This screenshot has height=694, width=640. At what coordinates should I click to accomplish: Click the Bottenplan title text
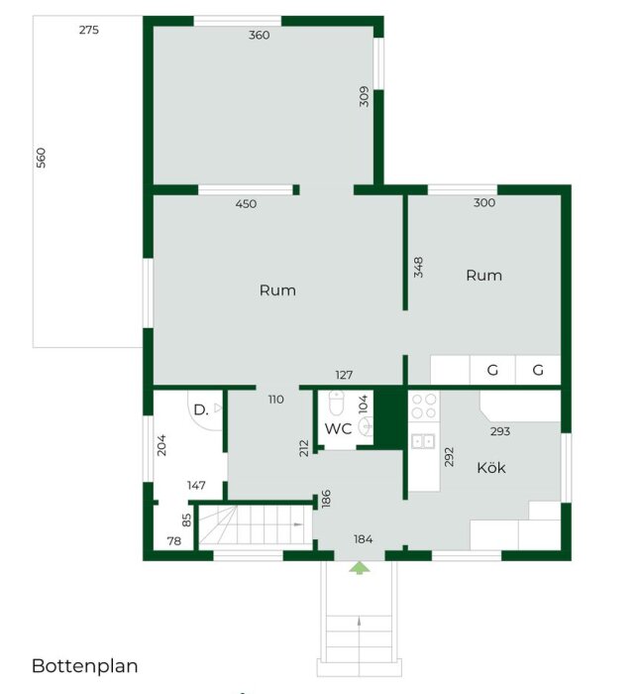84,666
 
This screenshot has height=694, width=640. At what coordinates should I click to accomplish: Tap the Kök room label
490,468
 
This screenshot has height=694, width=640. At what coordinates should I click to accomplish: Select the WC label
338,429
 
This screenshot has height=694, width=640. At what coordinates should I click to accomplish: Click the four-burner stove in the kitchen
424,406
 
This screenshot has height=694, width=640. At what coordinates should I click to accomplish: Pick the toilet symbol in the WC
336,405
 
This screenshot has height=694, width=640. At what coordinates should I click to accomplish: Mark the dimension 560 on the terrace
41,158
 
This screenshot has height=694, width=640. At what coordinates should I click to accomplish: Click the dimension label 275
89,30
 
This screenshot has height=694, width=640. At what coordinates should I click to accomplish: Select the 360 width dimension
259,35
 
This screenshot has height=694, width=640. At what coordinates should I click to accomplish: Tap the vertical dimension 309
365,96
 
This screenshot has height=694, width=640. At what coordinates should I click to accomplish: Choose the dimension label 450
246,204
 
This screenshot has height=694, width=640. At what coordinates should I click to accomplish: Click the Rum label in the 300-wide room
483,276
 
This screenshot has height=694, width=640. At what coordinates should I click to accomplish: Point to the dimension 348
419,267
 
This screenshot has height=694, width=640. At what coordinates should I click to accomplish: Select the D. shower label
200,408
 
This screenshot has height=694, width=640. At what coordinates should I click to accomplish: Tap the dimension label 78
174,540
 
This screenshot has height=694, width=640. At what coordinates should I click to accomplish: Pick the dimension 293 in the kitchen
501,432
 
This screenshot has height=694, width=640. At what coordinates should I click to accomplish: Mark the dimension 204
161,444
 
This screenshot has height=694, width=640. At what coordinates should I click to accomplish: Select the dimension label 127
344,375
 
